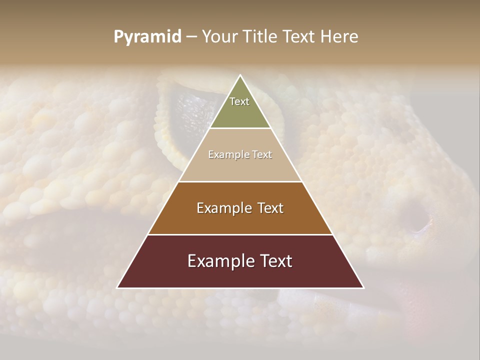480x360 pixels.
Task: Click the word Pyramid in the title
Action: pos(147,37)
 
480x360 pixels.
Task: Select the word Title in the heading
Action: pos(261,36)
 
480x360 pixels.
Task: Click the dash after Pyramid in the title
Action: pos(191,37)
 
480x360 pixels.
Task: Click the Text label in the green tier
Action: pos(239,101)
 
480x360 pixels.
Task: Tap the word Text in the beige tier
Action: pos(262,154)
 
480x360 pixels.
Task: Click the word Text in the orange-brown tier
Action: pos(270,208)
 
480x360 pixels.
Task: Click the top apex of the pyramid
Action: pos(240,75)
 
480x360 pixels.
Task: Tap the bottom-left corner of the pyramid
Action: pos(117,288)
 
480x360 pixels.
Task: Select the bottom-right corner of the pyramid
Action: pos(363,288)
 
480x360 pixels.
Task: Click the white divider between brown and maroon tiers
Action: pos(240,234)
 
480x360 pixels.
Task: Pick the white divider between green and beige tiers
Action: pos(240,128)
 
